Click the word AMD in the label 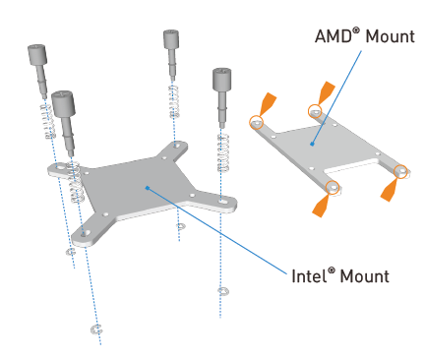click(333, 36)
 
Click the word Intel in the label click(309, 276)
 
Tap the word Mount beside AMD click(390, 36)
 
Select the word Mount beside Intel click(365, 276)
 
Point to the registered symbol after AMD click(356, 31)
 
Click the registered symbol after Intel click(332, 270)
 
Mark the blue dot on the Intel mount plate click(148, 188)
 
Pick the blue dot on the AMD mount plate click(313, 144)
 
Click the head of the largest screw click(63, 103)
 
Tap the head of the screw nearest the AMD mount click(221, 80)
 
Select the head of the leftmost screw click(36, 54)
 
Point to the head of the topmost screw click(171, 39)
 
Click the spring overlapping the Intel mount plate click(75, 183)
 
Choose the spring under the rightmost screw click(223, 152)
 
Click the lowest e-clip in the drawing click(96, 330)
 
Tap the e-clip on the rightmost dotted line click(223, 291)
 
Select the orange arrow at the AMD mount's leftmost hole click(268, 103)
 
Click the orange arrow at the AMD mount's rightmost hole click(389, 190)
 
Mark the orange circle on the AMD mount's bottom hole click(333, 187)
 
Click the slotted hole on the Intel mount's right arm click(222, 200)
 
